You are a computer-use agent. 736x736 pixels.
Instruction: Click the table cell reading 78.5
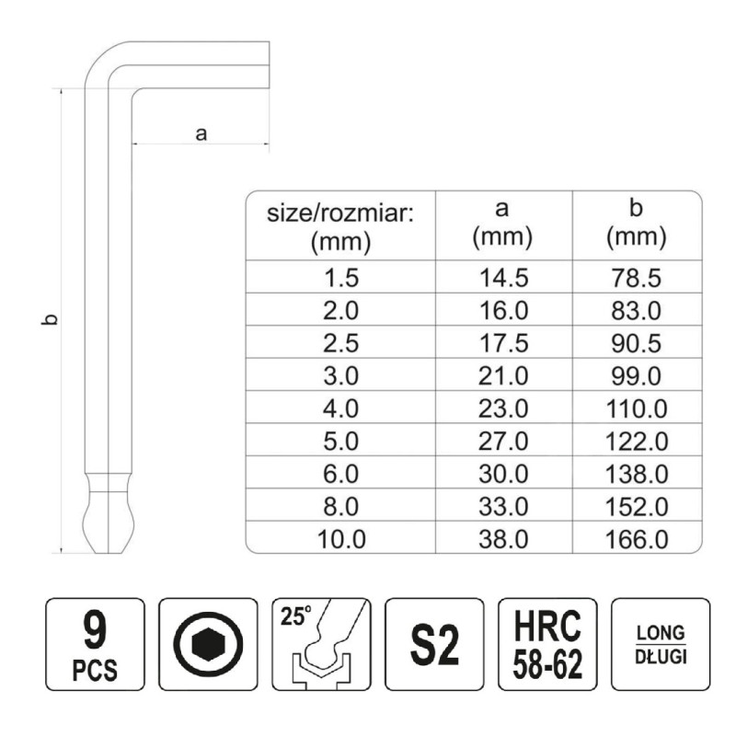[637, 278]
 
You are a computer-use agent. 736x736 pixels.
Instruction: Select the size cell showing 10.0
[341, 539]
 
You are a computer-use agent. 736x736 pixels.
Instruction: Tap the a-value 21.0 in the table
[503, 376]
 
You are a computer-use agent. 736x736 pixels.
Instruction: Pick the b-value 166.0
[637, 539]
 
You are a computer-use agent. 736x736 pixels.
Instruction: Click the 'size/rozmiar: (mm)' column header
[340, 227]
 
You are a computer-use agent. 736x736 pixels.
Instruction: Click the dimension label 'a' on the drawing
[201, 133]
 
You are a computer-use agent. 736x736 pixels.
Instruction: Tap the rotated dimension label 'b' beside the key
[50, 319]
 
